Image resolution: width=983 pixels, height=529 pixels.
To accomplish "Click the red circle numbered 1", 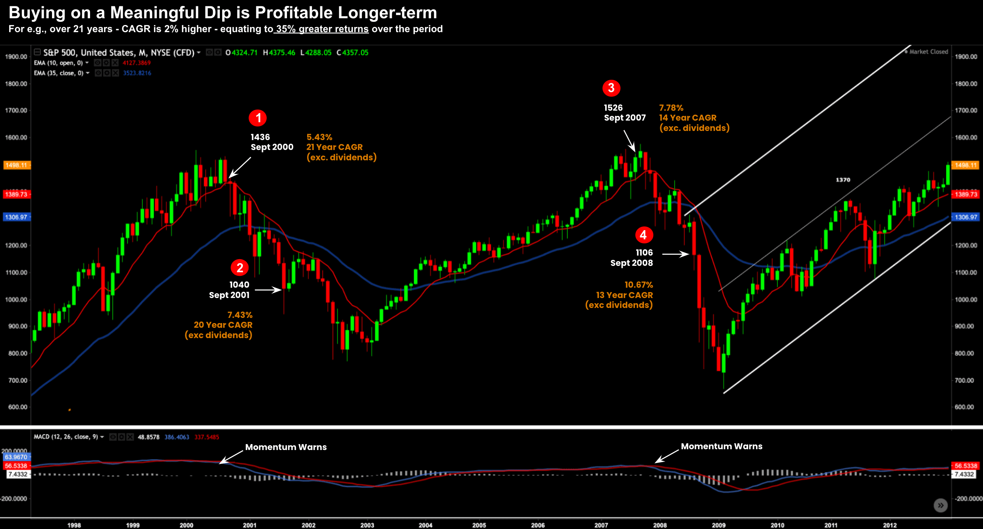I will pyautogui.click(x=258, y=118).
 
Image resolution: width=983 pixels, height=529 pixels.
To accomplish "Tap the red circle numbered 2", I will pyautogui.click(x=239, y=267).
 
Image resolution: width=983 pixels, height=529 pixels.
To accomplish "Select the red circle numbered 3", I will pyautogui.click(x=611, y=88).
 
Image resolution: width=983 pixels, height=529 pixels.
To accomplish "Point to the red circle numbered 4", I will pyautogui.click(x=643, y=235).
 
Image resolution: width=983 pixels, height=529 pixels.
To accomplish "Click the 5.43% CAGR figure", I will pyautogui.click(x=319, y=137).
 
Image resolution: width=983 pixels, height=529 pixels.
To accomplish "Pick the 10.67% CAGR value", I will pyautogui.click(x=638, y=285).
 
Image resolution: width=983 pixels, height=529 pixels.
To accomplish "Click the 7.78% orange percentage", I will pyautogui.click(x=671, y=108).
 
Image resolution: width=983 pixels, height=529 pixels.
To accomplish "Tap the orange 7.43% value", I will pyautogui.click(x=240, y=315).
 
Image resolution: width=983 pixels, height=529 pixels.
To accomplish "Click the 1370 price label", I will pyautogui.click(x=843, y=180).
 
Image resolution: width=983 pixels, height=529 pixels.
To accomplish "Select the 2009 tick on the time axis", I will pyautogui.click(x=718, y=525).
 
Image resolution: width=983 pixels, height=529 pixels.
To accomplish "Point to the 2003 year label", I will pyautogui.click(x=367, y=525).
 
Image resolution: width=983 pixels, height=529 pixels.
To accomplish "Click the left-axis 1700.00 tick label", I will pyautogui.click(x=16, y=110).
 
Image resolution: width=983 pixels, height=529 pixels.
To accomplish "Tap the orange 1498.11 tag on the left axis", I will pyautogui.click(x=16, y=165).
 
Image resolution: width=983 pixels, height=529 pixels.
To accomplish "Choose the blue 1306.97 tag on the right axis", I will pyautogui.click(x=966, y=217).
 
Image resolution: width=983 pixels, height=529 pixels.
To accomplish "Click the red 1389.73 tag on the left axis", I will pyautogui.click(x=16, y=194).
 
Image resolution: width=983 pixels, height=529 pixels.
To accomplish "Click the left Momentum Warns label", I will pyautogui.click(x=286, y=447).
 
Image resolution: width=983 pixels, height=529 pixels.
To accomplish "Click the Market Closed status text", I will pyautogui.click(x=928, y=52).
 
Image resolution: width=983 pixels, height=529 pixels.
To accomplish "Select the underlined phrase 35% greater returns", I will pyautogui.click(x=322, y=29).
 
